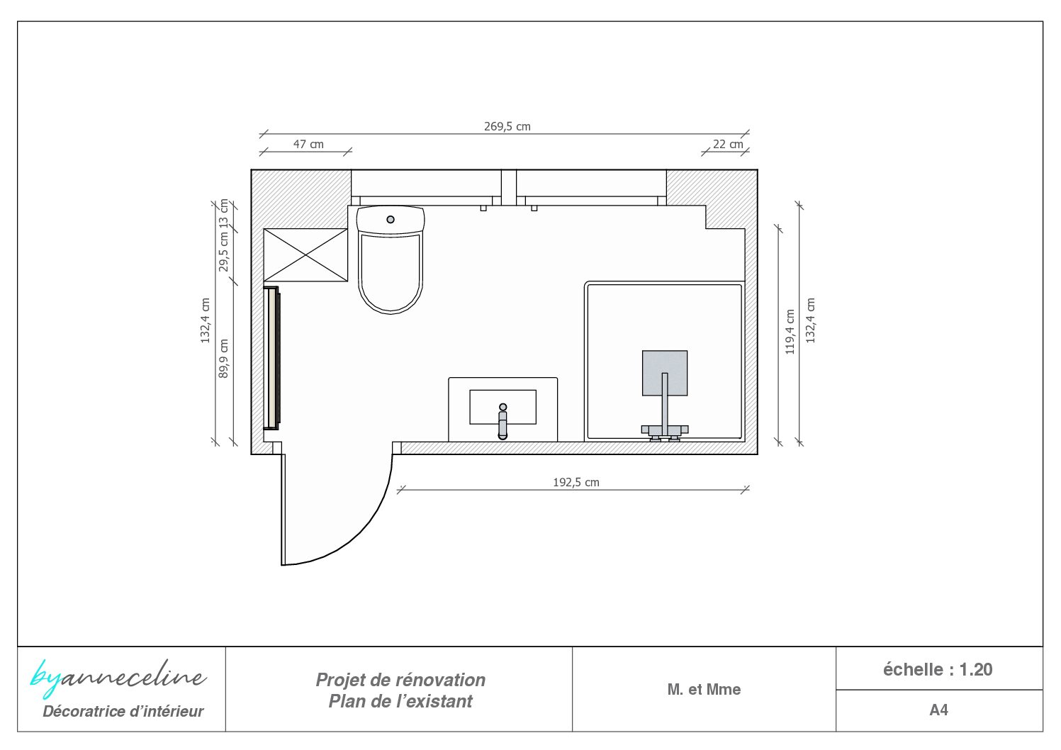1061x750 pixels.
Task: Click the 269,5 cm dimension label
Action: pyautogui.click(x=507, y=126)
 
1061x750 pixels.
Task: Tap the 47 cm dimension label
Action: pyautogui.click(x=308, y=144)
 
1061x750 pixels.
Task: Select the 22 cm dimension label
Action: pyautogui.click(x=728, y=144)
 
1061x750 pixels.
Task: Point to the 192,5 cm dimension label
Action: pyautogui.click(x=576, y=482)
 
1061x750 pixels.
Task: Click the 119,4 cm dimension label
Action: pyautogui.click(x=790, y=332)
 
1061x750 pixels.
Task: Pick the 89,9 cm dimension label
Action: pyautogui.click(x=223, y=359)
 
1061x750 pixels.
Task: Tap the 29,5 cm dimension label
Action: pyautogui.click(x=223, y=252)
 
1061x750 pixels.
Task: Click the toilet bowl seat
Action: pyautogui.click(x=391, y=273)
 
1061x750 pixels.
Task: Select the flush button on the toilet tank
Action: pyautogui.click(x=391, y=219)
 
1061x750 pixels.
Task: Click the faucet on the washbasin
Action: pyautogui.click(x=503, y=421)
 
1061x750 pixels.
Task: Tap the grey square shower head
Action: pyautogui.click(x=665, y=373)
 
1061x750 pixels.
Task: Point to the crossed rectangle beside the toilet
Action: pyautogui.click(x=305, y=255)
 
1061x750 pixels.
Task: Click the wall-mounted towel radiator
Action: pyautogui.click(x=272, y=358)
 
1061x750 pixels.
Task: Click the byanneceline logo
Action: pyautogui.click(x=118, y=678)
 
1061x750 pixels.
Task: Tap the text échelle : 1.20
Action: pyautogui.click(x=938, y=669)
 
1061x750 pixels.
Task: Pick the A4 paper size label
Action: pyautogui.click(x=938, y=710)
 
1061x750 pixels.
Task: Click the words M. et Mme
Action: pyautogui.click(x=704, y=689)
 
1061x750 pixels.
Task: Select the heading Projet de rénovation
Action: pyautogui.click(x=400, y=680)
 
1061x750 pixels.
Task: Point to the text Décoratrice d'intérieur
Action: pyautogui.click(x=123, y=711)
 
